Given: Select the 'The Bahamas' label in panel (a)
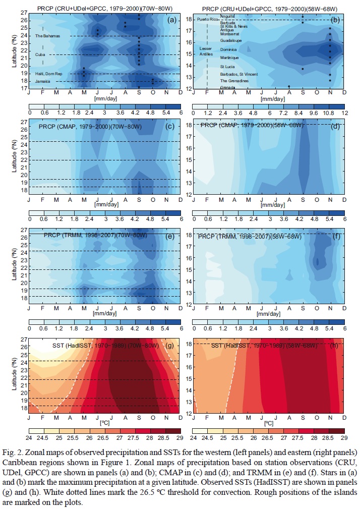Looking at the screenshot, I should [47, 36].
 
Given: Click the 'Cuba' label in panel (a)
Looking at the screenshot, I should [40, 54].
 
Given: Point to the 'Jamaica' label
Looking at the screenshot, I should [42, 81].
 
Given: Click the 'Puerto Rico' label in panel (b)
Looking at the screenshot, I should [207, 19].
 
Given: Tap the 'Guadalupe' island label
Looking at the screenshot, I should [231, 40].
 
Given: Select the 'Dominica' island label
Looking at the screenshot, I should [229, 49].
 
